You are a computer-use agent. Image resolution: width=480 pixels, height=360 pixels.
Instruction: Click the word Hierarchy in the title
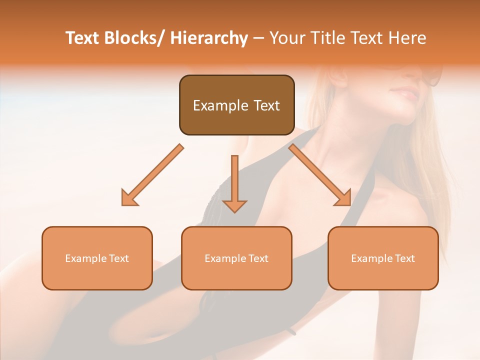tap(209, 38)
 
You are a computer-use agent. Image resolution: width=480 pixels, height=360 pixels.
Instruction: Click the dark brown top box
tap(236, 105)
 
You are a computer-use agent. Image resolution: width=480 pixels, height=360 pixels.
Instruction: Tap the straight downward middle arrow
tap(234, 180)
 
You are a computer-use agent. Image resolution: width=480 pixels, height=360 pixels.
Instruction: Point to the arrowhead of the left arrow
tap(129, 198)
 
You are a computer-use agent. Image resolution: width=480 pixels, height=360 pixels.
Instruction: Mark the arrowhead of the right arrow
tap(343, 198)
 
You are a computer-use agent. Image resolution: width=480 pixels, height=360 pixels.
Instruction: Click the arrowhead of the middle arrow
tap(234, 205)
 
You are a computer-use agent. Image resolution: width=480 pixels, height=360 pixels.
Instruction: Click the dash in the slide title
tap(258, 38)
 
